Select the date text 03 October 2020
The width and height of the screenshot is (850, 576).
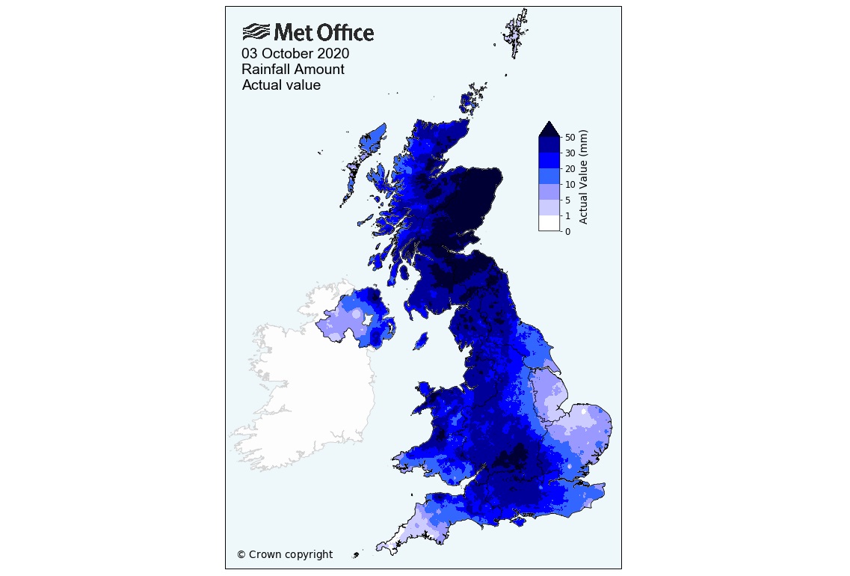coord(295,54)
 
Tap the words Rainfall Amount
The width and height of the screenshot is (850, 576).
coord(293,70)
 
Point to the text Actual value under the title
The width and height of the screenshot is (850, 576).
coord(281,85)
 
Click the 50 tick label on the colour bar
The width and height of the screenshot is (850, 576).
coord(570,138)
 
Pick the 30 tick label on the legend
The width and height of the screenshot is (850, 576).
coord(570,153)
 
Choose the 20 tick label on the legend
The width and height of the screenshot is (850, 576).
coord(570,169)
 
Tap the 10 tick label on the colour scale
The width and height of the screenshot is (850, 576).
coord(570,185)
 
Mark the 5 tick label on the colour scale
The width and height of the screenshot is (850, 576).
coord(568,200)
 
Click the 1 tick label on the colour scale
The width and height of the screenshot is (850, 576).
coord(568,216)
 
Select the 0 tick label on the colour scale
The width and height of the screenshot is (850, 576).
coord(568,232)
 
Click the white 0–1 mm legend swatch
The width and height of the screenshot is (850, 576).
coord(549,224)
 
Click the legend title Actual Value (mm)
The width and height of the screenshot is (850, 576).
coord(584,177)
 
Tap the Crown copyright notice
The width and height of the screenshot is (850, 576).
coord(285,554)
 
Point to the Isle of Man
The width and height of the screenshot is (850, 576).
coord(421,341)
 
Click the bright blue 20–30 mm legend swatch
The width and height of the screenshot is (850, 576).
coord(549,161)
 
